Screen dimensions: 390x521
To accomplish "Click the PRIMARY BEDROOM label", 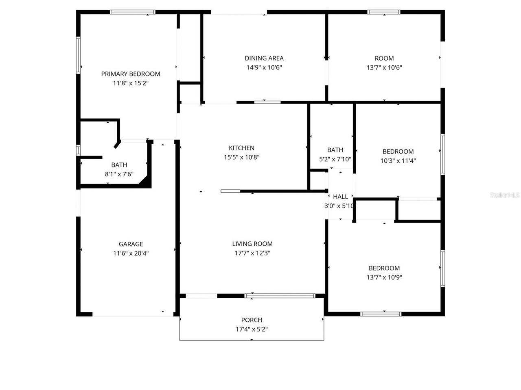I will (131, 74).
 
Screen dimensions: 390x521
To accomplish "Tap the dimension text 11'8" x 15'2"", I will (131, 83).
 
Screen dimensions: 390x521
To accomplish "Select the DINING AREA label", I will (264, 58).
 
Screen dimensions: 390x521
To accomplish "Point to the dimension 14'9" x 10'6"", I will (264, 67).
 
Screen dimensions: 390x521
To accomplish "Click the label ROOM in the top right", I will (384, 58).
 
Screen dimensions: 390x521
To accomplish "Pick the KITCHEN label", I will (241, 148).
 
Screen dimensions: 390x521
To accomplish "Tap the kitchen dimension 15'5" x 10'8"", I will (241, 157).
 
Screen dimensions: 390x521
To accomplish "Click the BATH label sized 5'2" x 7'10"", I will (335, 150).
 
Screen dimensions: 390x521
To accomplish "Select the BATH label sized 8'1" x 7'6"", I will (119, 165).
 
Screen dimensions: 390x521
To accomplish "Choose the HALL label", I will (340, 197).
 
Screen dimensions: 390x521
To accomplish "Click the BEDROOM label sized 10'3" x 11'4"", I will (398, 152).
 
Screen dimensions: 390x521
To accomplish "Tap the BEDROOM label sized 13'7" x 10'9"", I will (384, 268).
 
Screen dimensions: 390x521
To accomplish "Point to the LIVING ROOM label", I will (252, 244).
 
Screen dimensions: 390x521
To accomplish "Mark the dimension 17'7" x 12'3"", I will (252, 253).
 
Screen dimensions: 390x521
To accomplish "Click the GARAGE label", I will (131, 244).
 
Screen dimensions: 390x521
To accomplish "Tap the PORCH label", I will (252, 320).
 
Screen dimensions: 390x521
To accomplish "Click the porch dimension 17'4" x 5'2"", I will (252, 329).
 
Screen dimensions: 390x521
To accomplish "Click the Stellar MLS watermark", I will (505, 195).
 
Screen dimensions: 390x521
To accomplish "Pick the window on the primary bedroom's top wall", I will (133, 12).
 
